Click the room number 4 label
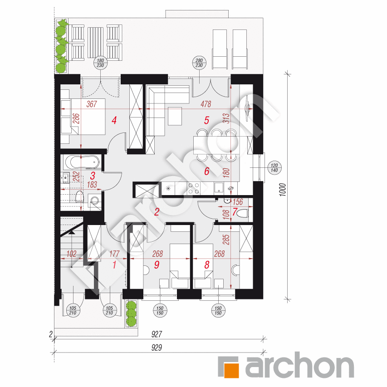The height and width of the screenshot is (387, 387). click(x=114, y=120)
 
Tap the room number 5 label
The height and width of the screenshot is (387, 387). click(x=206, y=120)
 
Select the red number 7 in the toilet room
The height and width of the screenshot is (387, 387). click(x=235, y=212)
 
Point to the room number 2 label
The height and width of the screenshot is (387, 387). click(x=157, y=212)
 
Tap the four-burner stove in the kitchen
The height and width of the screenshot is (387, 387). click(x=194, y=188)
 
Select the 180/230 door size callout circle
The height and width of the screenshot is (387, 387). click(x=100, y=63)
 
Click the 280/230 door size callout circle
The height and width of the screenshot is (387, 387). click(x=199, y=63)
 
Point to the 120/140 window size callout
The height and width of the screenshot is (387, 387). click(x=274, y=168)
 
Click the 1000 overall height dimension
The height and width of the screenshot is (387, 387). click(x=283, y=190)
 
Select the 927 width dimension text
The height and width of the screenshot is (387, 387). click(x=157, y=334)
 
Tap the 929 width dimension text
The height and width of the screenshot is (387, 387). click(x=157, y=348)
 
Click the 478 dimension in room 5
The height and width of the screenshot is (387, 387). click(x=206, y=104)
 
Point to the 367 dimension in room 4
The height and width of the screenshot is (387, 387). click(x=92, y=104)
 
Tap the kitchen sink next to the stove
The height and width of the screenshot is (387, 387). click(x=219, y=187)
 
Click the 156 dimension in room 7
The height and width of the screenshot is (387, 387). click(x=238, y=202)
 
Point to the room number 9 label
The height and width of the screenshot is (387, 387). click(x=157, y=265)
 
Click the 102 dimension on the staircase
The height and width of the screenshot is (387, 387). click(x=72, y=254)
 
